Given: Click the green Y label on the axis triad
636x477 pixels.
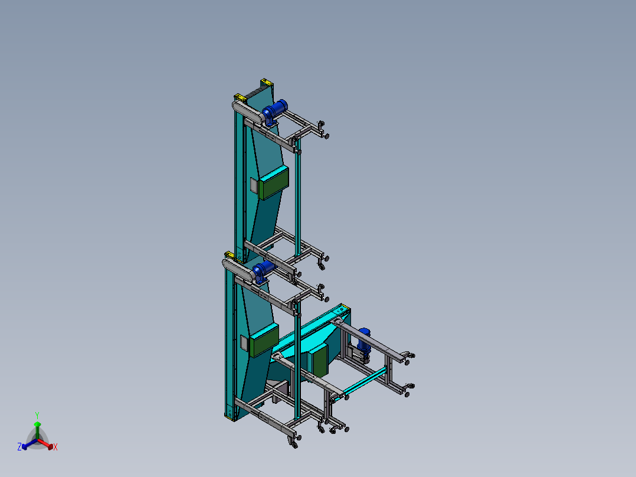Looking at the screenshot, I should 37,415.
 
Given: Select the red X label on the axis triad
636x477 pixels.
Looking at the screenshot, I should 55,447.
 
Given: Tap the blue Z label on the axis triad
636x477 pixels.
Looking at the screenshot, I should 19,447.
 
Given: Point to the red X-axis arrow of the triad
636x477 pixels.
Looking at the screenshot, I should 47,443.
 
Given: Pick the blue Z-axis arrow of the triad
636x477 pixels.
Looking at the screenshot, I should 27,443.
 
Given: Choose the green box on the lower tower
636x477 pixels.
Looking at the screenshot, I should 264,340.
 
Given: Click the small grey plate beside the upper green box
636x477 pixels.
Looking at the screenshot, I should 254,186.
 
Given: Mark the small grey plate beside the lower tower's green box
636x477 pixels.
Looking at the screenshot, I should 243,342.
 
